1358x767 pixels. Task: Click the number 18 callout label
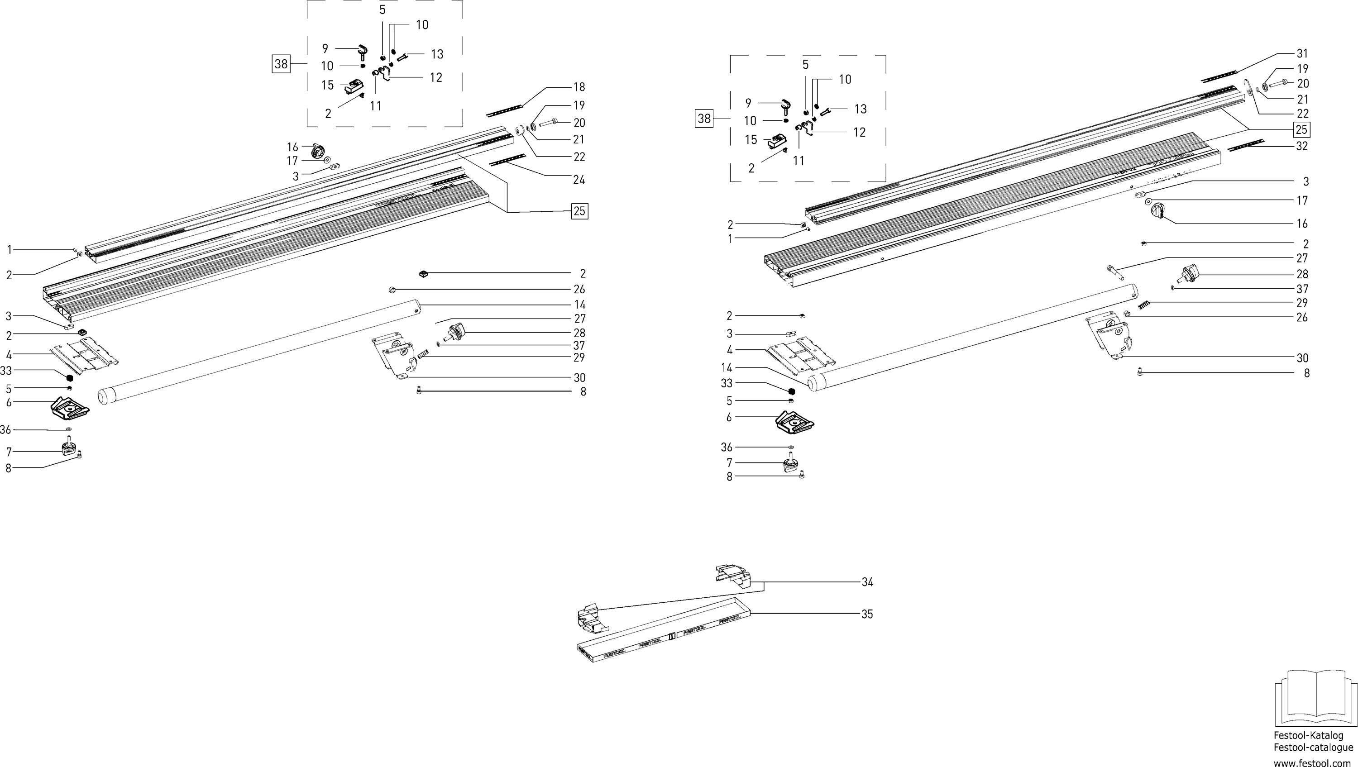579,87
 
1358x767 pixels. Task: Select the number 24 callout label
579,180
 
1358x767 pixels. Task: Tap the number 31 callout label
1302,54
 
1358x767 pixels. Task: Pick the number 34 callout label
867,582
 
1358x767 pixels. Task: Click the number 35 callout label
867,614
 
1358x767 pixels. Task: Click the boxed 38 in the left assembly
281,64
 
